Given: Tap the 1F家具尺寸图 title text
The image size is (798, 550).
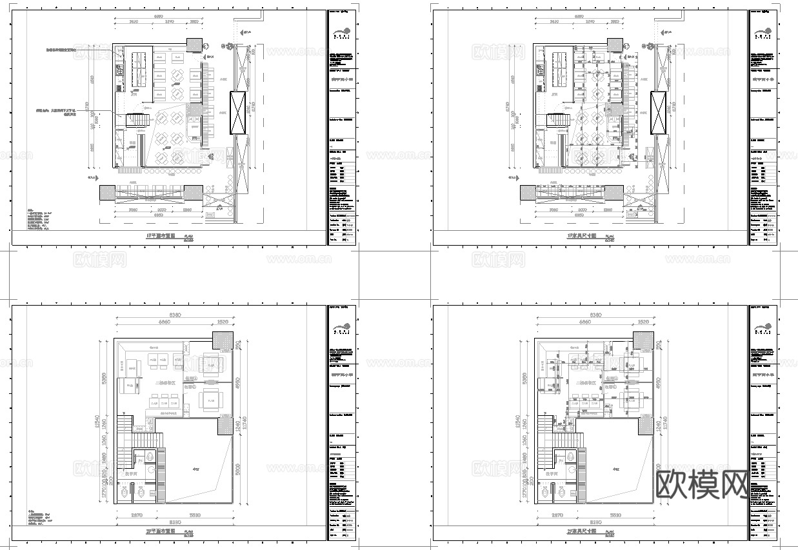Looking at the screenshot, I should (x=579, y=236).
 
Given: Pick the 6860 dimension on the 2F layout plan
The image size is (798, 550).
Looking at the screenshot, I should (x=157, y=322).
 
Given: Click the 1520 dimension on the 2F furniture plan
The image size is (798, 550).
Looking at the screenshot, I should (x=643, y=322).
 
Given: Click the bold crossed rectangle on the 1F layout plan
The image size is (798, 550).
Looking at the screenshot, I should (x=238, y=113).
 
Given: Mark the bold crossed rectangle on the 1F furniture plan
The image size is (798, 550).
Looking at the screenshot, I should (x=659, y=113).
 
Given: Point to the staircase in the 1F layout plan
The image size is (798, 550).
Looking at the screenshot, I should (x=137, y=121).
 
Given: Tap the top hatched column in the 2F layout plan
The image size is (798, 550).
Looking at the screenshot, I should (x=223, y=340).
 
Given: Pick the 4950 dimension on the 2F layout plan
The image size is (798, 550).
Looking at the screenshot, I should (x=237, y=382).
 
